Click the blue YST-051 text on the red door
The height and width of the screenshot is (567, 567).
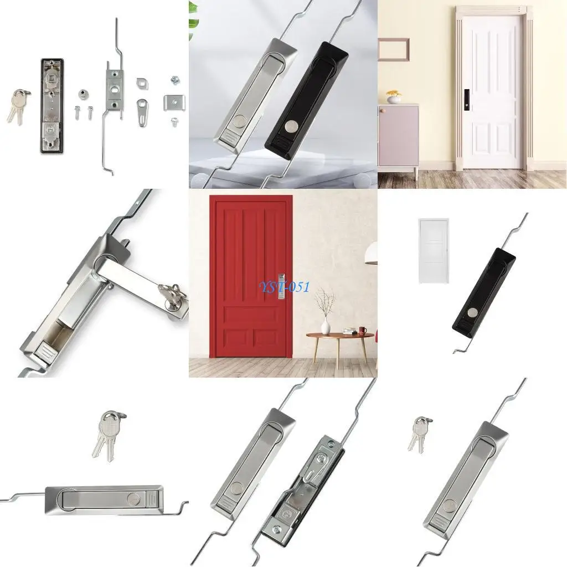pos(285,287)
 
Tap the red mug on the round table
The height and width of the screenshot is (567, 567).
pos(363,331)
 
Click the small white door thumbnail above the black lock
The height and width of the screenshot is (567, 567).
pos(434,250)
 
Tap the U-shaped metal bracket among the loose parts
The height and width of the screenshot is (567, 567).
pos(173,102)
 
